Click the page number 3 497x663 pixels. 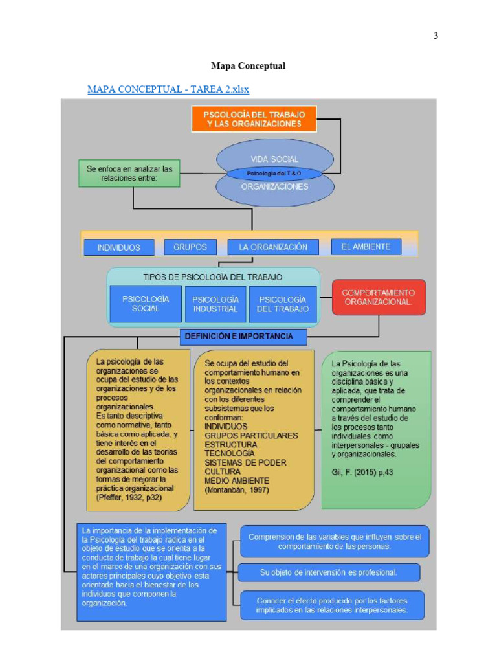[436, 36]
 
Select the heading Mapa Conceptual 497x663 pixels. [248, 66]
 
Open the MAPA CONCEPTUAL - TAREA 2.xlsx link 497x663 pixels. [168, 89]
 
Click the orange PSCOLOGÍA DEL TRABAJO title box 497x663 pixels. [254, 118]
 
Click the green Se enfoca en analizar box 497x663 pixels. [129, 174]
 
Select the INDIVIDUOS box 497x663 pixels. [119, 247]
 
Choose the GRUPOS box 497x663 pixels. [190, 247]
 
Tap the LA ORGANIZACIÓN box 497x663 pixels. [273, 247]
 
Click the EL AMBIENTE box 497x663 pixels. [366, 247]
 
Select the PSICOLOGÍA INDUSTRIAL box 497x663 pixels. [215, 304]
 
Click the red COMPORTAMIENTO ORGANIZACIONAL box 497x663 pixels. [379, 297]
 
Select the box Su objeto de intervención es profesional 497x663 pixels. [329, 572]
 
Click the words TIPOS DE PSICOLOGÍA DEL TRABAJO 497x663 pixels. [212, 276]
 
